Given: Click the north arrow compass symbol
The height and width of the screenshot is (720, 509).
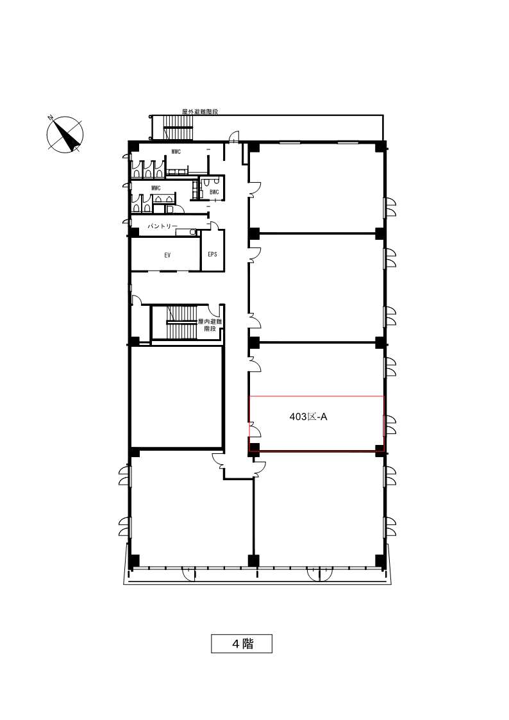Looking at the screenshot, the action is tap(65, 135).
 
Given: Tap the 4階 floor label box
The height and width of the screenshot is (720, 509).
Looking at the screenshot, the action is tap(242, 643).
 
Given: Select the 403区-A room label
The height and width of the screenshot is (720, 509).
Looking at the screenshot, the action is tap(308, 417).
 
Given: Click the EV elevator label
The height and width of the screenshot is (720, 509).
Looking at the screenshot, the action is tap(167, 255).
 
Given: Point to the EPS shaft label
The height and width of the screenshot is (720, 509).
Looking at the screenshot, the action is tap(212, 254).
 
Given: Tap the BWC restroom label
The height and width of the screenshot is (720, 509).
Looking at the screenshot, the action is tap(214, 192).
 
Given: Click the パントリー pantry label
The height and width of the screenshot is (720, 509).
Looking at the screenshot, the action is tap(162, 226).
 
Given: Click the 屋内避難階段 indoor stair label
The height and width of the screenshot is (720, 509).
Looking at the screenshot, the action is tap(210, 325).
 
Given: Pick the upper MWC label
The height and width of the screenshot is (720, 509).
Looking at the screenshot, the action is tap(176, 151).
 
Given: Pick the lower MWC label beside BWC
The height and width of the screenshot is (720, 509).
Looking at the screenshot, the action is tap(156, 188).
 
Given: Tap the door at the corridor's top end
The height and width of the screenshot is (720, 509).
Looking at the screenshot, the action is tap(234, 137).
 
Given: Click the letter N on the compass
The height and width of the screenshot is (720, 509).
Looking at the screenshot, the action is tap(51, 117).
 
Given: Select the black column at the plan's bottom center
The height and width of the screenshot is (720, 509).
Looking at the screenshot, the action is tap(253, 560).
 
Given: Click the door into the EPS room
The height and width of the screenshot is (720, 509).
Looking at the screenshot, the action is tap(215, 226).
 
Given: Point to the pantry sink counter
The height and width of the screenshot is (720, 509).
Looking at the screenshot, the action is tap(187, 232).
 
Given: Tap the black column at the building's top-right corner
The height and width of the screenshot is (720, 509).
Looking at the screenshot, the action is tap(381, 147).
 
